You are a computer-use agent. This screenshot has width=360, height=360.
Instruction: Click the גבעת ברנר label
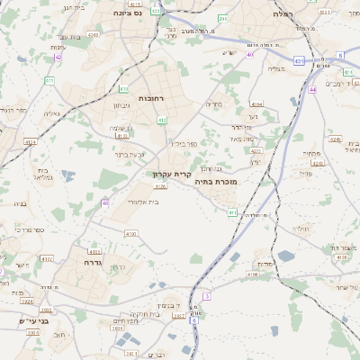click(x=130, y=154)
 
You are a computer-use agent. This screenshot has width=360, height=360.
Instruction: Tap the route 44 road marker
click(x=311, y=90)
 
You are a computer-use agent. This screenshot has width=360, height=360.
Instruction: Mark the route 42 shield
click(x=58, y=57)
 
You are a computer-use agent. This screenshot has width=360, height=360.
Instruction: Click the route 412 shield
click(x=162, y=120)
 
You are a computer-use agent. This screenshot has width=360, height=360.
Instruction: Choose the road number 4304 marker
click(x=256, y=104)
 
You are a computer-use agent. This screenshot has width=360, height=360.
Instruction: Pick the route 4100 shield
click(x=130, y=234)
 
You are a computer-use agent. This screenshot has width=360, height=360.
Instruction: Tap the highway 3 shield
click(x=206, y=295)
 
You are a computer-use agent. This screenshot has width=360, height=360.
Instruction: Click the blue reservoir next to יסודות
click(x=285, y=256)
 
